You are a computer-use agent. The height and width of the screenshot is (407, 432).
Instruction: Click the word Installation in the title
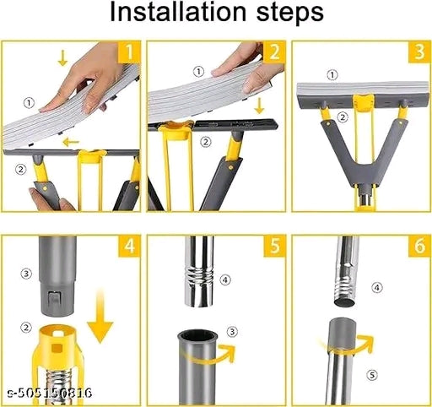pos(177,12)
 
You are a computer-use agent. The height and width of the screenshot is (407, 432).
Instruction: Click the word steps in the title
pos(289,14)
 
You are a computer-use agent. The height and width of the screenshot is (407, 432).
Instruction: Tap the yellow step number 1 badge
pos(129,52)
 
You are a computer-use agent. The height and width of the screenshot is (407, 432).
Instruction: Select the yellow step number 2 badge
pos(274,52)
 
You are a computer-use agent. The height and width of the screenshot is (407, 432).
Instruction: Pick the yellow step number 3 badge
pos(419,52)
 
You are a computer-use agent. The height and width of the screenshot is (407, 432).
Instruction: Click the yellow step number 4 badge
pos(129,246)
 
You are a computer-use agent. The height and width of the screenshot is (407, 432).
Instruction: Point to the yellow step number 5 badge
pos(274,246)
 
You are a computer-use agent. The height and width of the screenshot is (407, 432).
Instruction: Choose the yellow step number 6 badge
pos(419,246)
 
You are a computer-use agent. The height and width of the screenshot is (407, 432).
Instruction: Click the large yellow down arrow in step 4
pos(100,317)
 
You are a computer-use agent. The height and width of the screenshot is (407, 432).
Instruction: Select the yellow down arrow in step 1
pos(62,57)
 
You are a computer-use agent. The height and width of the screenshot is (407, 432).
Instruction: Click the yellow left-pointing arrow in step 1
pos(71,143)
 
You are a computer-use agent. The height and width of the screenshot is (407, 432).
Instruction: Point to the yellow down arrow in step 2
pos(259,105)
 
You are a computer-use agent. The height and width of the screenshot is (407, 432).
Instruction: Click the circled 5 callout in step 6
pos(372,375)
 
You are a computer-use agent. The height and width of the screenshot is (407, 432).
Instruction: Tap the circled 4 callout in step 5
pos(225,279)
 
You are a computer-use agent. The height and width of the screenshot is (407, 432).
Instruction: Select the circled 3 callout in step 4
pos(26,274)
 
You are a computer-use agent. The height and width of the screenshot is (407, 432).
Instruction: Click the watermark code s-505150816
pos(50,393)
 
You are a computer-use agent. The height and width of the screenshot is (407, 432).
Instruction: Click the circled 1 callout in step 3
pos(332,75)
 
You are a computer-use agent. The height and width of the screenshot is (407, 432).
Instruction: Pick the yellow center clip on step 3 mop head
pos(364,102)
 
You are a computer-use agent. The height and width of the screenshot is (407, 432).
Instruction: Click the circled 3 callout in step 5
pos(232,332)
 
